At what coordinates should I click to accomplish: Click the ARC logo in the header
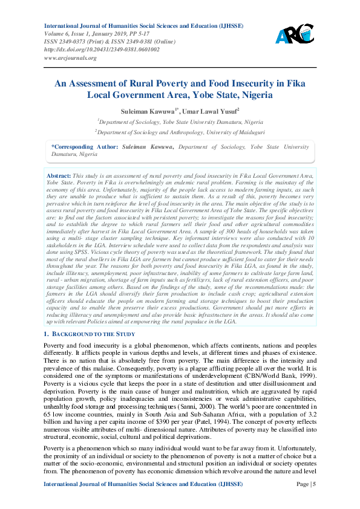295,34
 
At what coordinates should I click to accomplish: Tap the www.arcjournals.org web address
70,58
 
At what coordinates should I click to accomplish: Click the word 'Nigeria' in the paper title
254,95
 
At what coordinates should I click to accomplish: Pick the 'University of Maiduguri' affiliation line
179,131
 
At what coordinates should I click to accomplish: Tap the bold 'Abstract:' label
59,175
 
